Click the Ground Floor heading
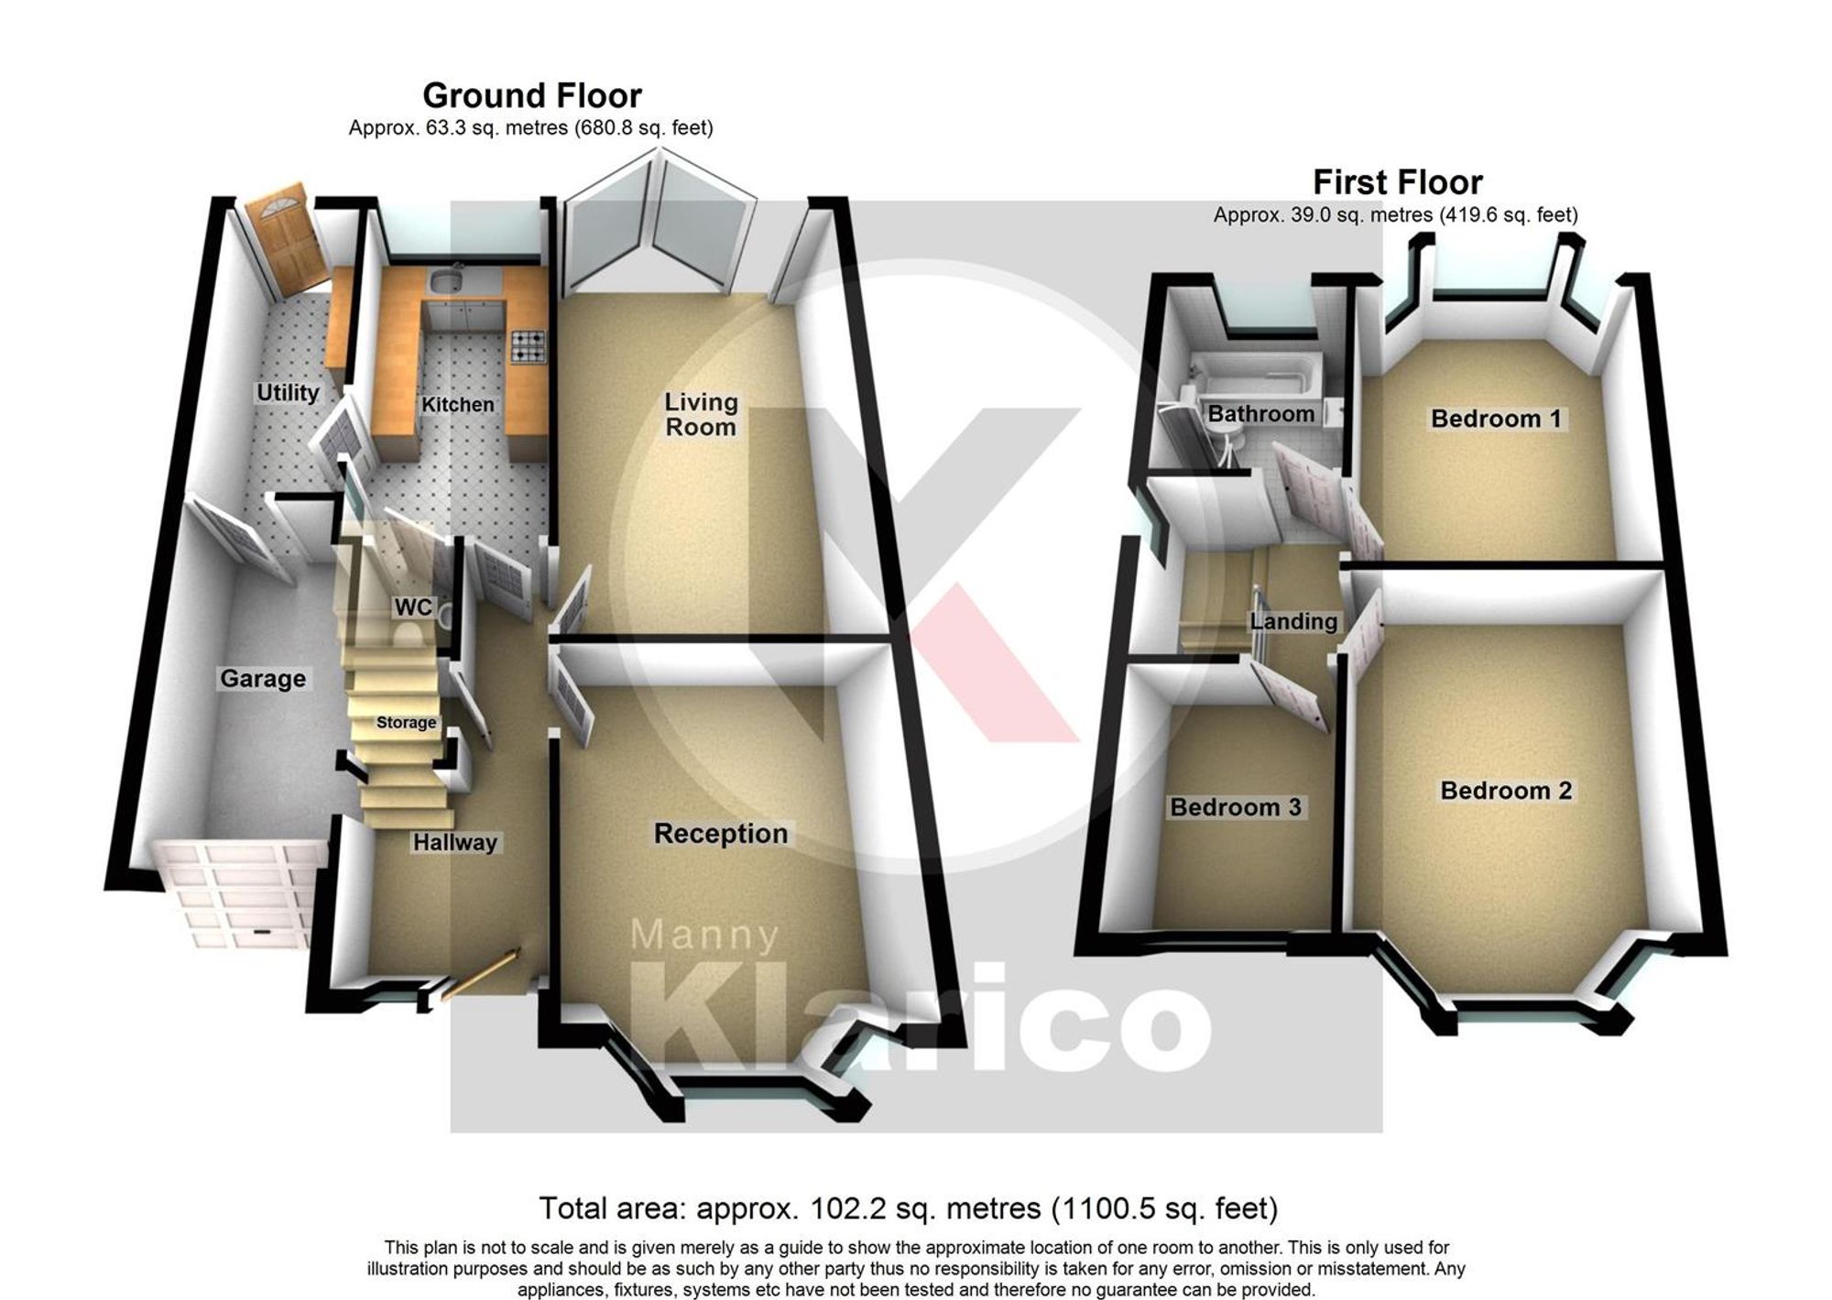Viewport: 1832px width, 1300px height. point(531,95)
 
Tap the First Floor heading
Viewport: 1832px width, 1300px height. point(1397,182)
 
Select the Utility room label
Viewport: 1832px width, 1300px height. point(288,393)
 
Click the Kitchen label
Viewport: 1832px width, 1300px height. point(457,404)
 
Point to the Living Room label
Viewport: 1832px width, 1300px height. point(701,414)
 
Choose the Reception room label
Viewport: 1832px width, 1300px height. point(721,834)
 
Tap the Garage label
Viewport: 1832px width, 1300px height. point(263,679)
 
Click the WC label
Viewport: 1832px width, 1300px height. point(412,607)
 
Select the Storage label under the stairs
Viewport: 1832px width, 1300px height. point(406,723)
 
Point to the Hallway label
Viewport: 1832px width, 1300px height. point(454,843)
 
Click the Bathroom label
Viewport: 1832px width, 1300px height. point(1260,414)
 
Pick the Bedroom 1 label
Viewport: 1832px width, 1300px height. point(1496,419)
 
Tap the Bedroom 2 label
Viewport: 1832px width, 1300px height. point(1506,791)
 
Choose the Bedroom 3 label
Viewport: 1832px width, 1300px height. point(1236,807)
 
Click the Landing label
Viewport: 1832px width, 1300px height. point(1293,622)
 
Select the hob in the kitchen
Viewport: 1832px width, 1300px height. point(528,345)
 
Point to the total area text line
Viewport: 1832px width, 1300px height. point(908,1208)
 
